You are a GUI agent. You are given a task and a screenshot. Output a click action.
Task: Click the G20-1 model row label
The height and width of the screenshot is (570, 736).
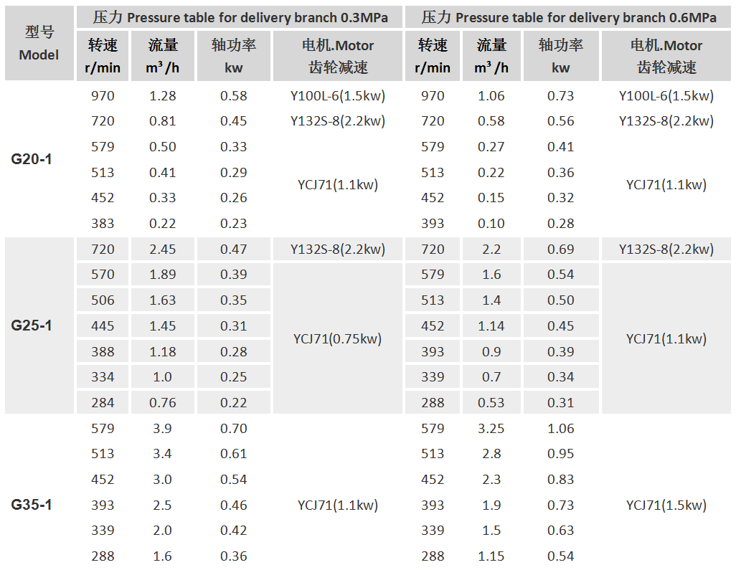pyautogui.click(x=32, y=159)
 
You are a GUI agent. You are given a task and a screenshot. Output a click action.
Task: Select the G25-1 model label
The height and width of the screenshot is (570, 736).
pyautogui.click(x=32, y=326)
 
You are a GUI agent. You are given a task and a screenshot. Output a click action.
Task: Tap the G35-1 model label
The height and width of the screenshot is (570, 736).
pyautogui.click(x=32, y=505)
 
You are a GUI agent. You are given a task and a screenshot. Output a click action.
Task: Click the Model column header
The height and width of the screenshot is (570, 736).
pyautogui.click(x=39, y=44)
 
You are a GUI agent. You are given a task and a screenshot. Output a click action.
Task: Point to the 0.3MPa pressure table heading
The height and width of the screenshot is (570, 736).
pyautogui.click(x=240, y=18)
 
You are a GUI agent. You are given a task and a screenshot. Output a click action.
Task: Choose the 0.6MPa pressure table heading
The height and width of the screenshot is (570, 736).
pyautogui.click(x=569, y=18)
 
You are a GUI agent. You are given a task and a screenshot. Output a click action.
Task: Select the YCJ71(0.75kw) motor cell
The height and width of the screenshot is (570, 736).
pyautogui.click(x=337, y=338)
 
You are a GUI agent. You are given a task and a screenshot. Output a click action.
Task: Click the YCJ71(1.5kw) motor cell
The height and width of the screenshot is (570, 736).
pyautogui.click(x=666, y=505)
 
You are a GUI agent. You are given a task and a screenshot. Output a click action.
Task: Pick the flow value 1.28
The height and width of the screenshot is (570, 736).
pyautogui.click(x=162, y=96)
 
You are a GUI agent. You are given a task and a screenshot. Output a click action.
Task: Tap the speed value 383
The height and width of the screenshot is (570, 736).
pyautogui.click(x=103, y=224)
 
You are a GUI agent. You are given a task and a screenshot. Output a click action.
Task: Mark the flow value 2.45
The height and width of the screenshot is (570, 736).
pyautogui.click(x=162, y=250)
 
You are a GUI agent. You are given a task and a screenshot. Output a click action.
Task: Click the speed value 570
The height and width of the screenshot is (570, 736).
pyautogui.click(x=103, y=275)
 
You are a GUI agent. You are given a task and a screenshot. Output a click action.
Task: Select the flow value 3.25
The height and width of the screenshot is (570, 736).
pyautogui.click(x=491, y=429)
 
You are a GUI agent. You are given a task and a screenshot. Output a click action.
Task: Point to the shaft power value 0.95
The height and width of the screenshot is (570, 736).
pyautogui.click(x=560, y=454)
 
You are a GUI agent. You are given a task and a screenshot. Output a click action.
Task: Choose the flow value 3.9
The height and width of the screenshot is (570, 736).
pyautogui.click(x=162, y=429)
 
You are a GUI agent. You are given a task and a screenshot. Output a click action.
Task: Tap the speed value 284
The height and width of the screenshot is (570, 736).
pyautogui.click(x=103, y=403)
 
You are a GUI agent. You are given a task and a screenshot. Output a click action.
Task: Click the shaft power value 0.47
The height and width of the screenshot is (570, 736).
pyautogui.click(x=234, y=250)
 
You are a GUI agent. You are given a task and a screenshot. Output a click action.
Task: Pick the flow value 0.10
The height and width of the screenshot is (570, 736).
pyautogui.click(x=491, y=224)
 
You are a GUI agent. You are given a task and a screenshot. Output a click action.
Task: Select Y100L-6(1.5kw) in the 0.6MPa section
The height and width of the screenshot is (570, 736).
pyautogui.click(x=666, y=96)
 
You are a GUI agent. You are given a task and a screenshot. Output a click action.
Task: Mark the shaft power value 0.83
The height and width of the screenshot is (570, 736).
pyautogui.click(x=560, y=480)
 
